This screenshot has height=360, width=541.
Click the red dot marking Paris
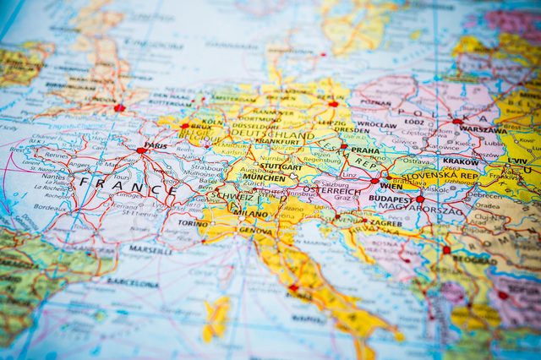click(x=140, y=151)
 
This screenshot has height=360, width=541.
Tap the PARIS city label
click(x=156, y=145)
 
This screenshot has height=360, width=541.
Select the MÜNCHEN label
click(x=264, y=177)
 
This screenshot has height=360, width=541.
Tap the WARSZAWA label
click(x=483, y=129)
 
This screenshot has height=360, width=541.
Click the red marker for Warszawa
click(x=457, y=122)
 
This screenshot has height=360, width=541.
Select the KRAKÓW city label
click(x=461, y=161)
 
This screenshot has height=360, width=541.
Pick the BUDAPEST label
click(x=391, y=200)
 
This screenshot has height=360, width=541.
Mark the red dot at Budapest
click(x=419, y=199)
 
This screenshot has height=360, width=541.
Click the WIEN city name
click(x=391, y=185)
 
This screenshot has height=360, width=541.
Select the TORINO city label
click(x=193, y=224)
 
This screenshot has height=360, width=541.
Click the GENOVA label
click(x=256, y=230)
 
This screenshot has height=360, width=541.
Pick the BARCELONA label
click(x=133, y=283)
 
